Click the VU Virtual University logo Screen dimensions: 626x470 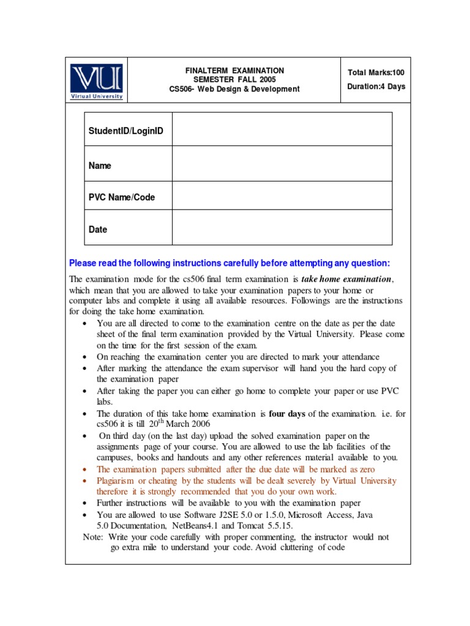pos(97,81)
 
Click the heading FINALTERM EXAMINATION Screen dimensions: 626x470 pos(234,71)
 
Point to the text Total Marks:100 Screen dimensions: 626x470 pos(376,73)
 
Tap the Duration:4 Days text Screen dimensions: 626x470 pos(376,87)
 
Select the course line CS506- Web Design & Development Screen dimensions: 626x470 pos(234,89)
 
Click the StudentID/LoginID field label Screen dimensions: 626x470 pos(126,131)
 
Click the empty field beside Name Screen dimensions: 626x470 pos(282,164)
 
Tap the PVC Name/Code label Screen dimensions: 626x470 pos(122,197)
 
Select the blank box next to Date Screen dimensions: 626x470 pos(282,227)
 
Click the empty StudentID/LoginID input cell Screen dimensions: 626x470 pos(282,130)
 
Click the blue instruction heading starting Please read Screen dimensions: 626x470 pos(229,263)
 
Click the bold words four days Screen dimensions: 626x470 pos(287,414)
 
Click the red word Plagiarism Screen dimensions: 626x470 pos(118,481)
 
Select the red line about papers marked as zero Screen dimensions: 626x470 pos(236,469)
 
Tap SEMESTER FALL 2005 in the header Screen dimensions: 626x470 pos(234,80)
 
